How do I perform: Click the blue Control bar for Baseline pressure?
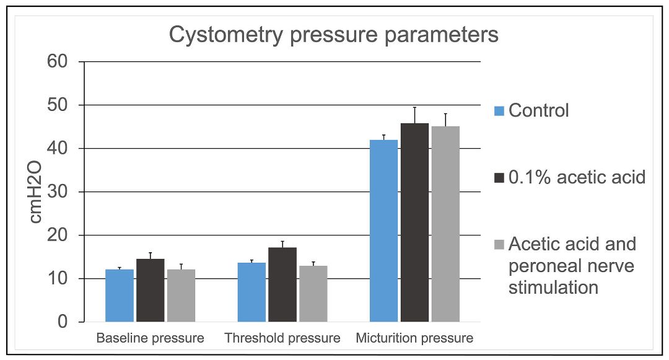point(120,296)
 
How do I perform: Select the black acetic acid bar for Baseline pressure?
point(150,291)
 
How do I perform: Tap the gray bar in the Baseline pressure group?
point(181,296)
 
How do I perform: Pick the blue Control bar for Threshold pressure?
point(251,292)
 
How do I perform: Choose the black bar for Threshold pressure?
point(282,284)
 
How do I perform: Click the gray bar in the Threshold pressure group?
point(313,294)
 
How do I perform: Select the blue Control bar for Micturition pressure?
point(384,230)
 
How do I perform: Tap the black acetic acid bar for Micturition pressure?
point(414,222)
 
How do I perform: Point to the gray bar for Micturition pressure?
point(445,224)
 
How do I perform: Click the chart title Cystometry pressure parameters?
point(334,35)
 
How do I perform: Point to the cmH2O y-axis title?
point(36,192)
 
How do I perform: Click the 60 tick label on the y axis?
point(58,61)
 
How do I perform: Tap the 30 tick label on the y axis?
point(58,191)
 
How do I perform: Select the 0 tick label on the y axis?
point(63,322)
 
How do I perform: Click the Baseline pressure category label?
point(150,338)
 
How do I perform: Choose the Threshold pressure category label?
point(282,338)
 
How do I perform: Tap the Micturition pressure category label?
point(414,338)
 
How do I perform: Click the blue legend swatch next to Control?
point(499,111)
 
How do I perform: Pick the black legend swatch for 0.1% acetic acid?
point(499,177)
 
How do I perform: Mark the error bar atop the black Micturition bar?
point(414,115)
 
